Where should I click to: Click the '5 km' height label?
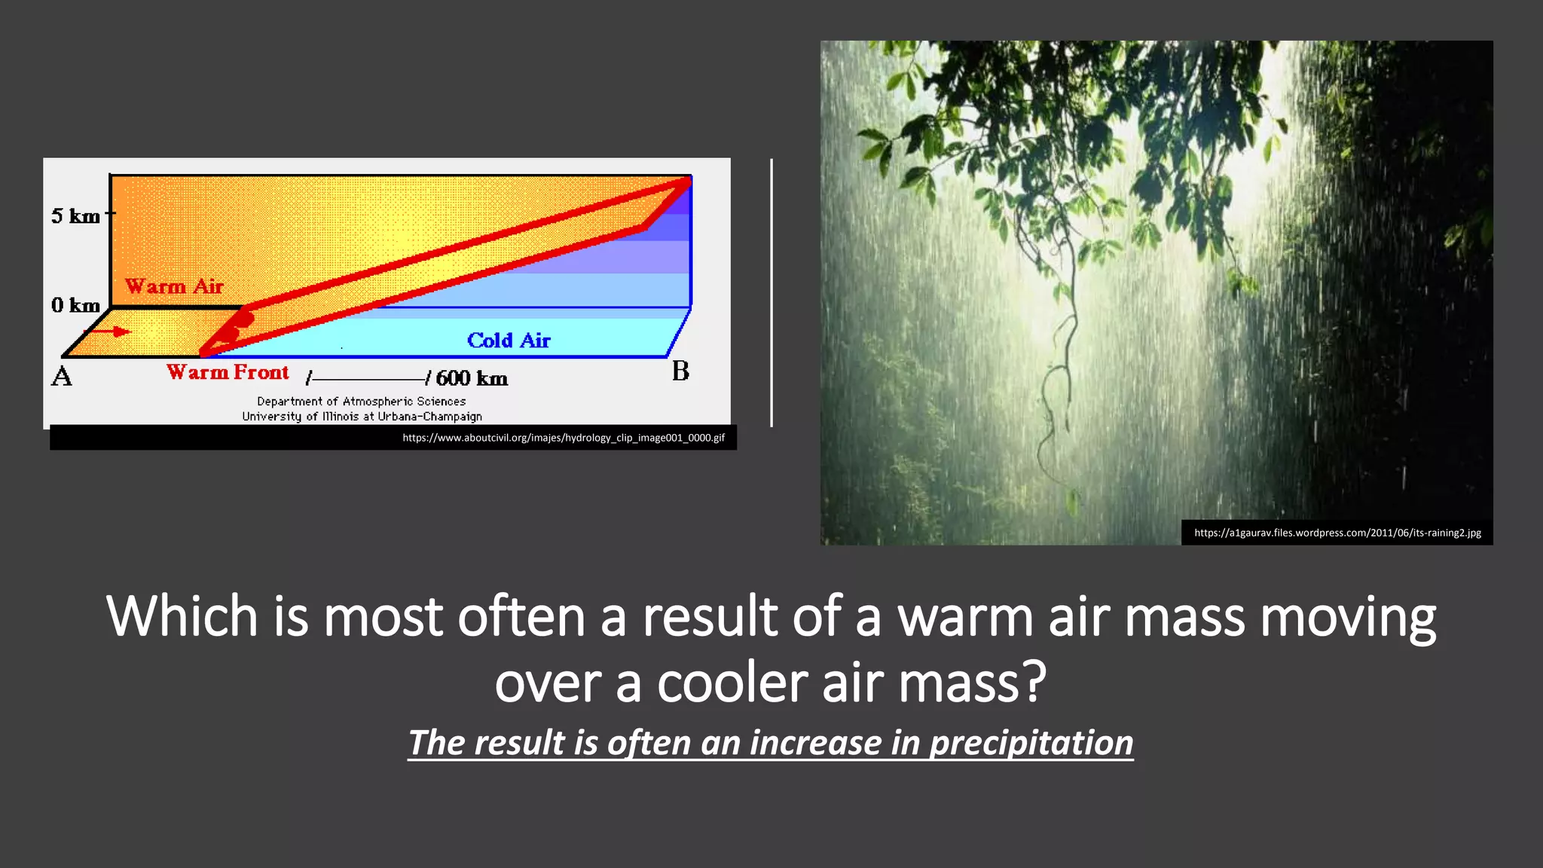click(75, 216)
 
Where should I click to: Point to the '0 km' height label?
click(75, 305)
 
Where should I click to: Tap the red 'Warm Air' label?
click(174, 286)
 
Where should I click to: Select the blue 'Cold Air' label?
click(509, 341)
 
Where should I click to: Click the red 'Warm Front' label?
click(228, 372)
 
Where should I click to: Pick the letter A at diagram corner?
click(62, 376)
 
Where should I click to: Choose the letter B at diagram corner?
click(680, 371)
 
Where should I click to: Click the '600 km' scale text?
click(472, 378)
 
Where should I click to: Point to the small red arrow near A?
click(113, 331)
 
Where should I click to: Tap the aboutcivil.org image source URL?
click(564, 438)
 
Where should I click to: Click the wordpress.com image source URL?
click(1337, 533)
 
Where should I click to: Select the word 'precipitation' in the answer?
click(1031, 743)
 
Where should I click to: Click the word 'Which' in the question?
click(183, 616)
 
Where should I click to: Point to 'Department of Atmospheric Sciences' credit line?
click(362, 402)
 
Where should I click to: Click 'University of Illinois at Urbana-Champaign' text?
click(362, 417)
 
